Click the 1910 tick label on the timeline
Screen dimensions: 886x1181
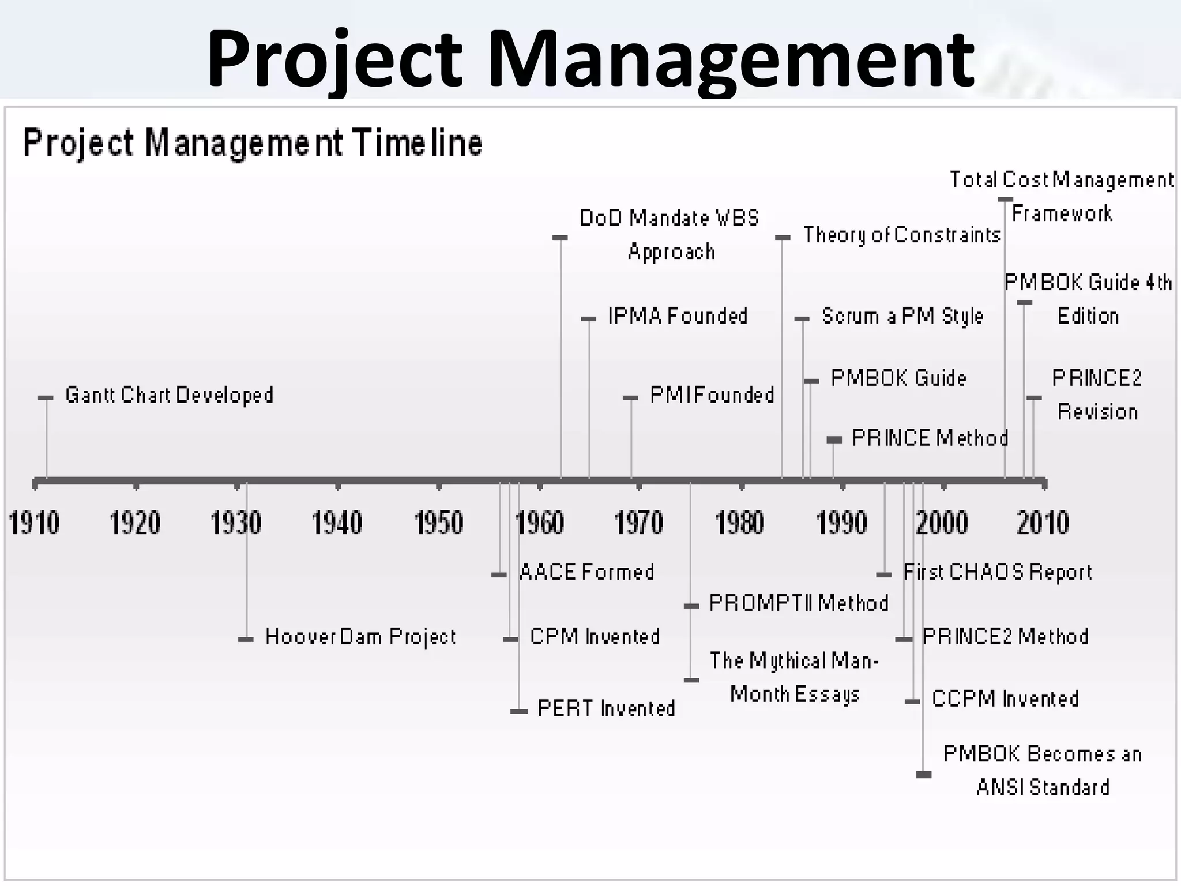pyautogui.click(x=34, y=523)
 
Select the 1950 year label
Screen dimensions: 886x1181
pyautogui.click(x=439, y=523)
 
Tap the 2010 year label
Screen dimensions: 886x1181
pyautogui.click(x=1043, y=523)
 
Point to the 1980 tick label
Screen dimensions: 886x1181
pyautogui.click(x=740, y=523)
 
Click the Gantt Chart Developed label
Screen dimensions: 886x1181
pyautogui.click(x=169, y=395)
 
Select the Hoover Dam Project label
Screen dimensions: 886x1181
pyautogui.click(x=360, y=637)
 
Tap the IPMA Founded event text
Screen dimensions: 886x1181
pyautogui.click(x=678, y=316)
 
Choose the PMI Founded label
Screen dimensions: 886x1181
pyautogui.click(x=712, y=395)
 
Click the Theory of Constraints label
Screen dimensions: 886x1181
pyautogui.click(x=902, y=235)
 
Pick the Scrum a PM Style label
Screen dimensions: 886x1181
pyautogui.click(x=902, y=316)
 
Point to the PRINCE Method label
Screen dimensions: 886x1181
pyautogui.click(x=930, y=438)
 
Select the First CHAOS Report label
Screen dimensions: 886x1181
pyautogui.click(x=997, y=572)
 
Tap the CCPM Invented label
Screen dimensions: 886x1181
pyautogui.click(x=1005, y=699)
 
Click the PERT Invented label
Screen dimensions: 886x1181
pyautogui.click(x=606, y=708)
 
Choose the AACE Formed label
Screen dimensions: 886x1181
pyautogui.click(x=587, y=572)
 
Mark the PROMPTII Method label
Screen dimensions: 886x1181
pyautogui.click(x=799, y=603)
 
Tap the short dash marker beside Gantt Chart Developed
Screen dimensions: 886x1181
pyautogui.click(x=46, y=398)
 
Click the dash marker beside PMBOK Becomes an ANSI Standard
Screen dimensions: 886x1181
pyautogui.click(x=924, y=775)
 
